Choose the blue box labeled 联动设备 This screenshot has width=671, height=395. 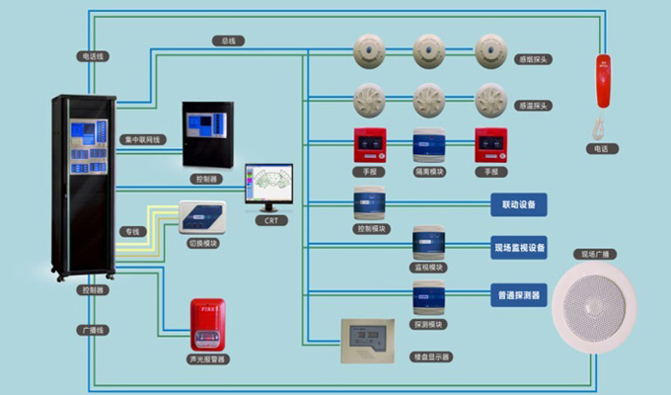[x=518, y=204]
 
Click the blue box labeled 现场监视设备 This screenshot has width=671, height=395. [x=518, y=246]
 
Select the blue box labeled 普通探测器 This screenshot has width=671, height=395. [x=518, y=293]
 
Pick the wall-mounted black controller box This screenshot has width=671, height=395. [x=209, y=133]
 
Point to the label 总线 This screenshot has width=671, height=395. [x=229, y=41]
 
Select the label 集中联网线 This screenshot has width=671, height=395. [x=143, y=139]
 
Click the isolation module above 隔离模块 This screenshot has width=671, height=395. [x=429, y=146]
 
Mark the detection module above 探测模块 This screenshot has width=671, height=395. [x=429, y=299]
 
